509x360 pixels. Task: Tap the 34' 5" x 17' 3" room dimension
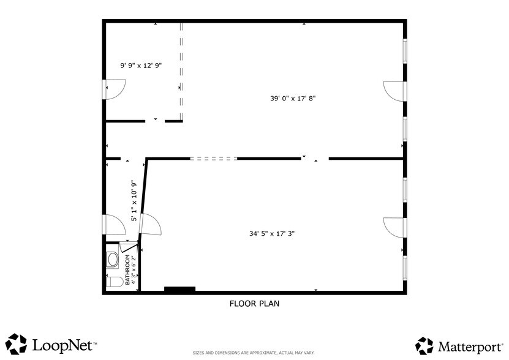point(276,233)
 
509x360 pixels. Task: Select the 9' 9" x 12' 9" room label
point(140,64)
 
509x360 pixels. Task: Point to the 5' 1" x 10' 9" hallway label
point(134,201)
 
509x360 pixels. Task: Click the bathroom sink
point(113,260)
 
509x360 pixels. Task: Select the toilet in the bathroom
point(111,282)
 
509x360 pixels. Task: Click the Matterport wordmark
point(470,346)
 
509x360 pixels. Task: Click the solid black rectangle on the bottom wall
point(179,289)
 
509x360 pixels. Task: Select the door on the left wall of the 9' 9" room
point(115,91)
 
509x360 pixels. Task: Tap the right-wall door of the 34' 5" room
point(394,227)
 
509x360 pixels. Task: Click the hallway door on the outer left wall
point(115,225)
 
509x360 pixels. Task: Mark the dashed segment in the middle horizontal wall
point(213,159)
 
